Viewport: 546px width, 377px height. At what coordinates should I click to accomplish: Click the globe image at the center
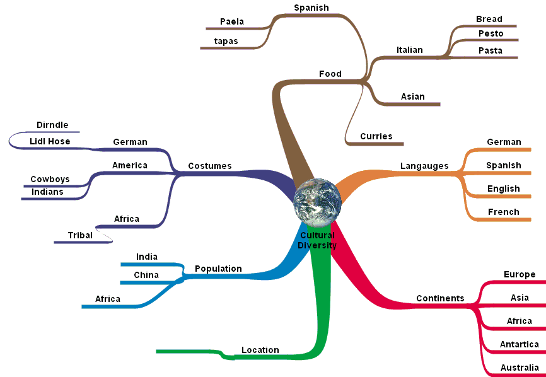tap(317, 201)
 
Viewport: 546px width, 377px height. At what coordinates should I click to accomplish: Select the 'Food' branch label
tap(330, 74)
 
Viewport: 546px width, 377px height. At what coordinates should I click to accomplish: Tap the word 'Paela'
tap(232, 22)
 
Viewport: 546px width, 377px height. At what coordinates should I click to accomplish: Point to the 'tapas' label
tap(226, 42)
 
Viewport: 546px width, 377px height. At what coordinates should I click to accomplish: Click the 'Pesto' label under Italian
tap(491, 33)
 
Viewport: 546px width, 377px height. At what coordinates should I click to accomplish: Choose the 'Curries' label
tap(376, 136)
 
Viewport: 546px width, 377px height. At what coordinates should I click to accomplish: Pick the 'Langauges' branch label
tap(424, 166)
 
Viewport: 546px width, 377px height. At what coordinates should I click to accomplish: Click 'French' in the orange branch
tap(504, 212)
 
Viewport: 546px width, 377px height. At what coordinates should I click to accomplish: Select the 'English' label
tap(504, 189)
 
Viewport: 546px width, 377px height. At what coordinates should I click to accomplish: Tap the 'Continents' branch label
tap(440, 299)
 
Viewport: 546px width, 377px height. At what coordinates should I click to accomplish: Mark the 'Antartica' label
tap(520, 344)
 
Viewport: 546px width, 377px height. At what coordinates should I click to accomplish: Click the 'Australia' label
tap(520, 368)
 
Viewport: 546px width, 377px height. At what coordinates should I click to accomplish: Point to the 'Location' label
tap(260, 351)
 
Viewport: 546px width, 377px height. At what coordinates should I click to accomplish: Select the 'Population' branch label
tap(218, 269)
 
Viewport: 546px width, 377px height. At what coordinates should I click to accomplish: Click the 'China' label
tap(146, 275)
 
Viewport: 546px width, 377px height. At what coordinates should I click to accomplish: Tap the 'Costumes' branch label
tap(210, 166)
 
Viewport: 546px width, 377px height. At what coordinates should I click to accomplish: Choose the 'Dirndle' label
tap(52, 125)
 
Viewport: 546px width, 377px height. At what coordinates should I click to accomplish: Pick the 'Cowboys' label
tap(50, 180)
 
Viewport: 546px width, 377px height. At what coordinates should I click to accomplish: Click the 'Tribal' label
tap(81, 236)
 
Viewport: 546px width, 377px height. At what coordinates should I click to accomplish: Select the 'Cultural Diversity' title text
tap(317, 241)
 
